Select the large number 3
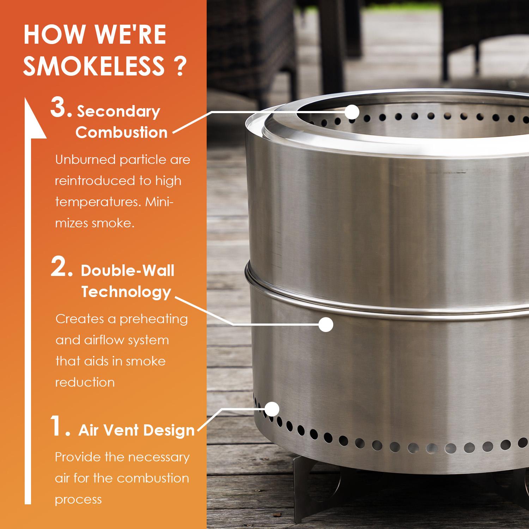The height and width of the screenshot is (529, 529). [61, 109]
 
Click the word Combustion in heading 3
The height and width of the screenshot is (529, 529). [121, 133]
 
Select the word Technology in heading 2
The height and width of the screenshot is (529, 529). [126, 292]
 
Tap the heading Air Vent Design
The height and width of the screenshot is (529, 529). [136, 430]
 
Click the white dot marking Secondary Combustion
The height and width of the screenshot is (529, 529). [352, 112]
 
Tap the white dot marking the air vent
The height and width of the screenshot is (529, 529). [272, 409]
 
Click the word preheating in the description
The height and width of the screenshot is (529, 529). [153, 319]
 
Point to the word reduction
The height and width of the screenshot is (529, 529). [85, 382]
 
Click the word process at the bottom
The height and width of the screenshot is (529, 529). [78, 499]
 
